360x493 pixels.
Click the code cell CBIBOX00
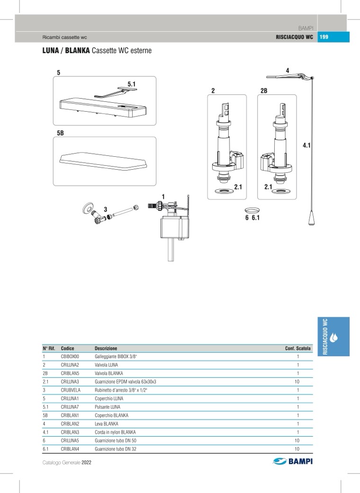[70, 357]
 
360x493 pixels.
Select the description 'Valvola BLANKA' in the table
[109, 373]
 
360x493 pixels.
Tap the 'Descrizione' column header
[106, 348]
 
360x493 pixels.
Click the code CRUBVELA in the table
[71, 390]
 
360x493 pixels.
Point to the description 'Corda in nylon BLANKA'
[115, 432]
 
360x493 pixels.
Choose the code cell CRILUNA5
[70, 440]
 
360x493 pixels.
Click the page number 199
[324, 37]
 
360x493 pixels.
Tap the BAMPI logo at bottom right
[293, 461]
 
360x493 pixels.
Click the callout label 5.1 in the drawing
[131, 84]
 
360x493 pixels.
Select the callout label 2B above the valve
[264, 90]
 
